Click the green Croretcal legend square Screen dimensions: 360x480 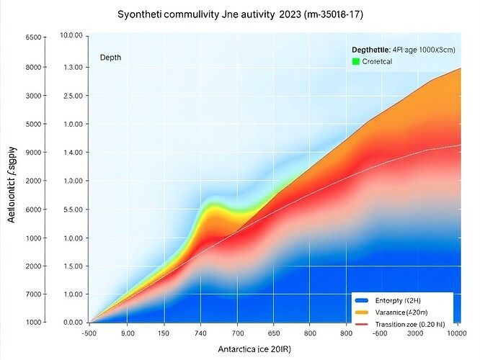355,63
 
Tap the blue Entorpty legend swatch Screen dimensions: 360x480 361,300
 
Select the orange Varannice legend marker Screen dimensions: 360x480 361,312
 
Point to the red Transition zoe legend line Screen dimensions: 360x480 361,325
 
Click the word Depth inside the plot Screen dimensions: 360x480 110,57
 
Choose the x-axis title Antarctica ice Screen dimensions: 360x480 259,349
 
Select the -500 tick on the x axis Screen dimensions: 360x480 89,333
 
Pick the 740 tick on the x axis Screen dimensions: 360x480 200,333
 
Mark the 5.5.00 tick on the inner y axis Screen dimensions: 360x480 74,210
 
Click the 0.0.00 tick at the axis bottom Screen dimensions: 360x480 74,323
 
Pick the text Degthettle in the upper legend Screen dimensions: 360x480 370,49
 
